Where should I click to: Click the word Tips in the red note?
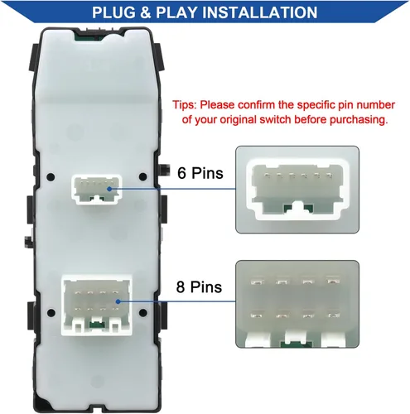coord(186,105)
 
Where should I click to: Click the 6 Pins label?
coord(199,173)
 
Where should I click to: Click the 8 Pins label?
coord(199,287)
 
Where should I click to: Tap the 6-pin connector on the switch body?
coord(94,190)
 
